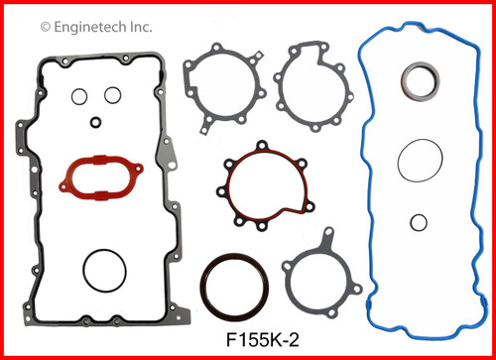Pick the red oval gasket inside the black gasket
pyautogui.click(x=97, y=178)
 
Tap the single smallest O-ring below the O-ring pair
pyautogui.click(x=95, y=123)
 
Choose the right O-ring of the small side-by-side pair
pyautogui.click(x=113, y=96)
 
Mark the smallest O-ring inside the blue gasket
pyautogui.click(x=420, y=222)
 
